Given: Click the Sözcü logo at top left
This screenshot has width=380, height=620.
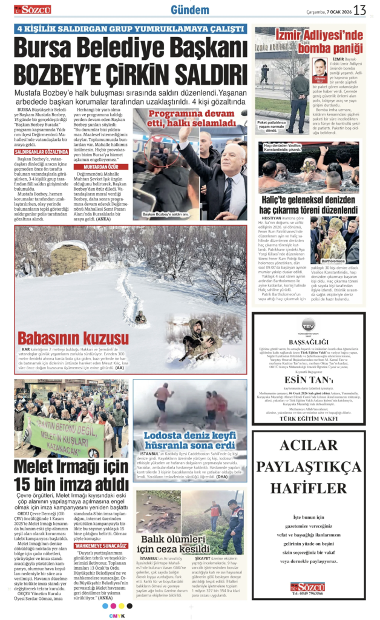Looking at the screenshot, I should [x=33, y=10].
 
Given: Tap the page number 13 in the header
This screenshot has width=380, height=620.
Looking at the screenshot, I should [x=360, y=10].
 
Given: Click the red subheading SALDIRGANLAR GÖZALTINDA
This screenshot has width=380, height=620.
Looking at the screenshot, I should [x=42, y=151].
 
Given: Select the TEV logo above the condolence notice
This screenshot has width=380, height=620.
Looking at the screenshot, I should [x=309, y=324].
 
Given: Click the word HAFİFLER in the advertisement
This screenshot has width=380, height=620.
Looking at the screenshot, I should [x=309, y=487].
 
